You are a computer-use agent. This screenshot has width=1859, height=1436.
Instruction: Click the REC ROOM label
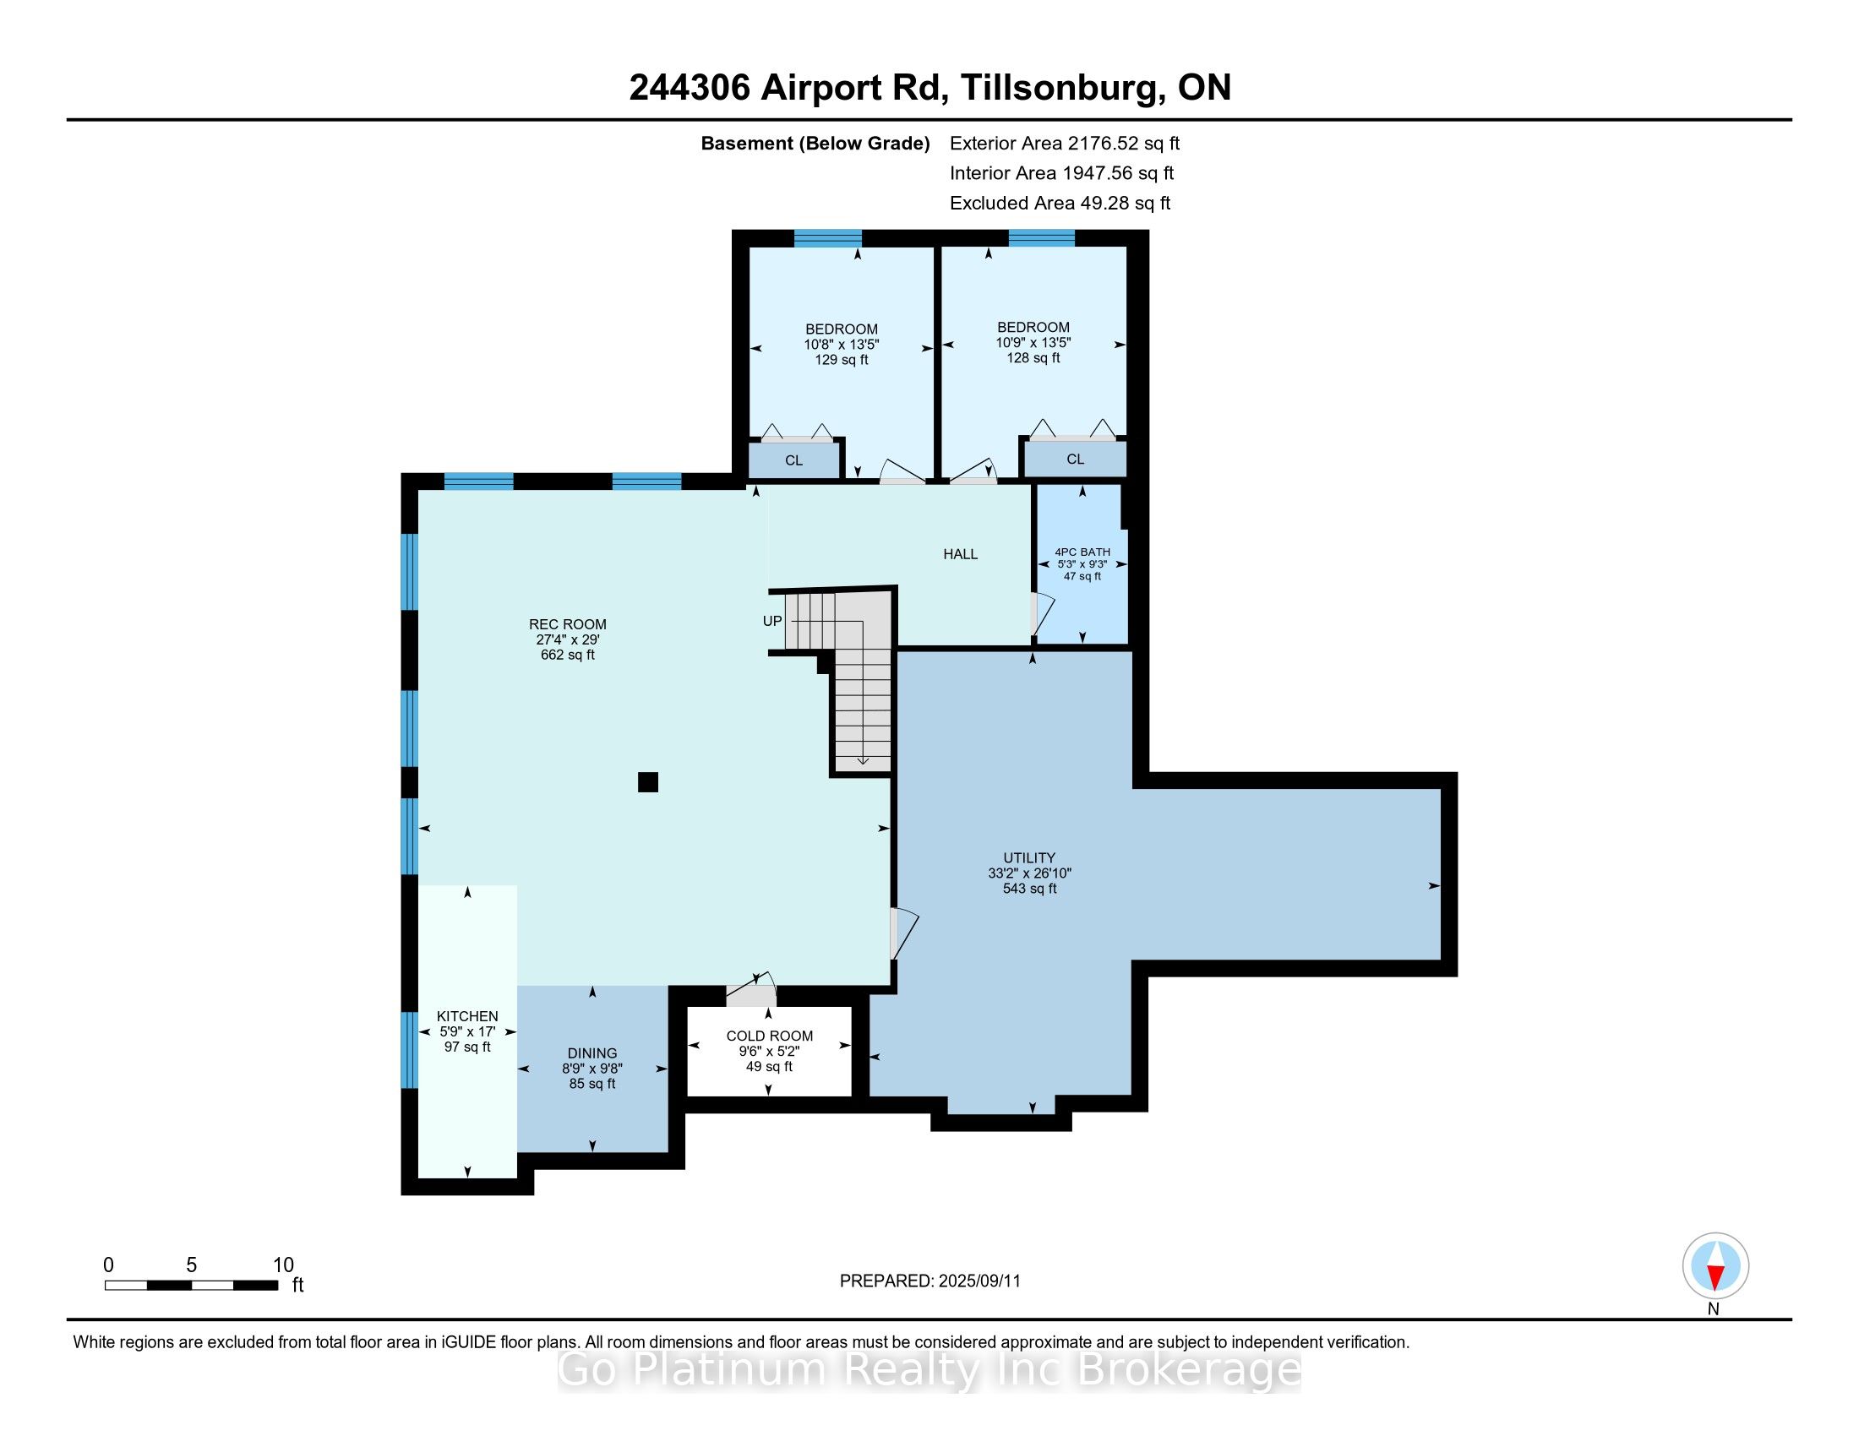pyautogui.click(x=568, y=624)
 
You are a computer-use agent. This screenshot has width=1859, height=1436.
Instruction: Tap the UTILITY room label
pyautogui.click(x=1029, y=857)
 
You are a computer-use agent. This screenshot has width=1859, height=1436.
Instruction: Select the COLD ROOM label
pyautogui.click(x=770, y=1036)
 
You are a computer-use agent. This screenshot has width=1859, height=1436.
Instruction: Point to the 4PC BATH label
pyautogui.click(x=1082, y=552)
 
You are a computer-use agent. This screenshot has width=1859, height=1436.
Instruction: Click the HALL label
pyautogui.click(x=960, y=554)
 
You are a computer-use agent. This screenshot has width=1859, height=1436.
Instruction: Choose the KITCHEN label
pyautogui.click(x=467, y=1015)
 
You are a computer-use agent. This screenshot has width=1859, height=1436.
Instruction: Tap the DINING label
pyautogui.click(x=592, y=1053)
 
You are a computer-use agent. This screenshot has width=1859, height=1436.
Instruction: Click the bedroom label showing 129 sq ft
pyautogui.click(x=842, y=344)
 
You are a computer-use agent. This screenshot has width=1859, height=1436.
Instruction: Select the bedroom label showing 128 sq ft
pyautogui.click(x=1033, y=342)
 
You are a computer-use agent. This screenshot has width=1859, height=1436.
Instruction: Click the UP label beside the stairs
pyautogui.click(x=772, y=621)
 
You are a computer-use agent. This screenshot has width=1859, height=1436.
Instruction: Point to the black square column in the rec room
pyautogui.click(x=648, y=782)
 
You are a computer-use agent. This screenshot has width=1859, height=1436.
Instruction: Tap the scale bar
pyautogui.click(x=192, y=1286)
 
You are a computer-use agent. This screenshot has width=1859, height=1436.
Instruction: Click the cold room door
pyautogui.click(x=750, y=989)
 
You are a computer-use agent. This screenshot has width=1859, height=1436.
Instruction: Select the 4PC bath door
pyautogui.click(x=1042, y=613)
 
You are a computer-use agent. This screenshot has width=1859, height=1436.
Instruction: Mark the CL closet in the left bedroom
pyautogui.click(x=794, y=460)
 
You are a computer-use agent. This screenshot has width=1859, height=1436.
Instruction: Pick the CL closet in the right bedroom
pyautogui.click(x=1075, y=459)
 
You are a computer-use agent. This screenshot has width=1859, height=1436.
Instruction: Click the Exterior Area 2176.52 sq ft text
pyautogui.click(x=1065, y=143)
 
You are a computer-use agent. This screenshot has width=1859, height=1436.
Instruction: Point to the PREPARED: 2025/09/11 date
pyautogui.click(x=929, y=1281)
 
